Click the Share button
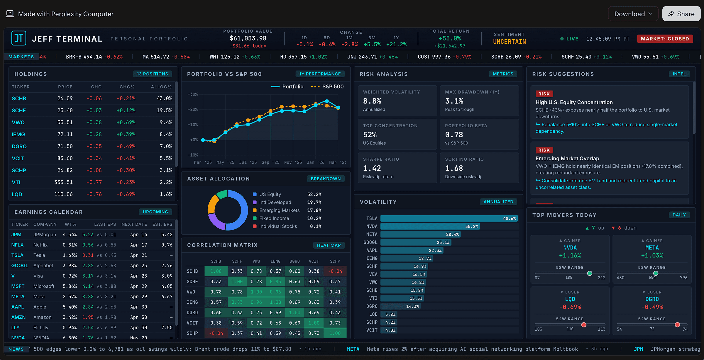tap(681, 14)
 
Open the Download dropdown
tap(633, 14)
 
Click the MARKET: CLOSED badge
tap(665, 39)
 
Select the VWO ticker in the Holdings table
tap(18, 123)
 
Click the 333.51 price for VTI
tap(64, 182)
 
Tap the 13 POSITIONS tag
tap(153, 74)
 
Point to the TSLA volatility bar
tap(449, 218)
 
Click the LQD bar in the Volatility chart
tap(389, 314)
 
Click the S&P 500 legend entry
tap(327, 86)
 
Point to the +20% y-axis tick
tap(193, 109)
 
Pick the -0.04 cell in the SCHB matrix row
tap(335, 271)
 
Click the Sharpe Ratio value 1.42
tap(372, 168)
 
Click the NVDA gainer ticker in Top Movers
tap(570, 248)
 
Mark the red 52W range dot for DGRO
tap(677, 325)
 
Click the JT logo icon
tap(19, 38)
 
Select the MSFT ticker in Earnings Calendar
tap(18, 286)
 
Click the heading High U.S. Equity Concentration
tap(574, 102)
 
